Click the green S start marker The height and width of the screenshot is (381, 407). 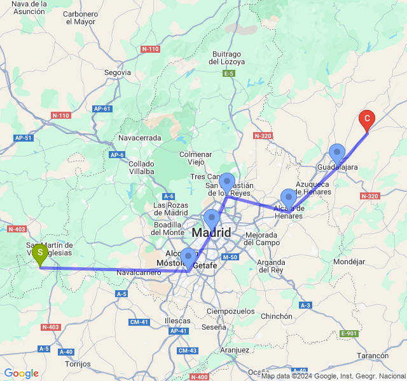tap(40, 254)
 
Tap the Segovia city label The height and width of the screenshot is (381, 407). tap(118, 73)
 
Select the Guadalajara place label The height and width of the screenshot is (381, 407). tap(337, 167)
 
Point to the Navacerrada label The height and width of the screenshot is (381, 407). tap(140, 138)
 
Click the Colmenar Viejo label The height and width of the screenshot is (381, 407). tap(195, 158)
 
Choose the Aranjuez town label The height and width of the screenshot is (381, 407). tap(234, 350)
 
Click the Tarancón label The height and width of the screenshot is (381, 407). tap(373, 356)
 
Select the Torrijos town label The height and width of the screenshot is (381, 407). tap(78, 364)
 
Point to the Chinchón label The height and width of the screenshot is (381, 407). tap(276, 316)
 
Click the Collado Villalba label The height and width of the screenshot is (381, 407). tap(141, 167)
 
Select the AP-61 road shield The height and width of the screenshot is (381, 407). tap(102, 109)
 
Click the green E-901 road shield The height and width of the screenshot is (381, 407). tap(349, 333)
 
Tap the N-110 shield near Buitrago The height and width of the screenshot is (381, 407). tap(151, 49)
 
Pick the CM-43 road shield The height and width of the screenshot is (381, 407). tap(188, 351)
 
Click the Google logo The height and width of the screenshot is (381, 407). tap(21, 374)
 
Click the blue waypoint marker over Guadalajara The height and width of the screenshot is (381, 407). tap(336, 153)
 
